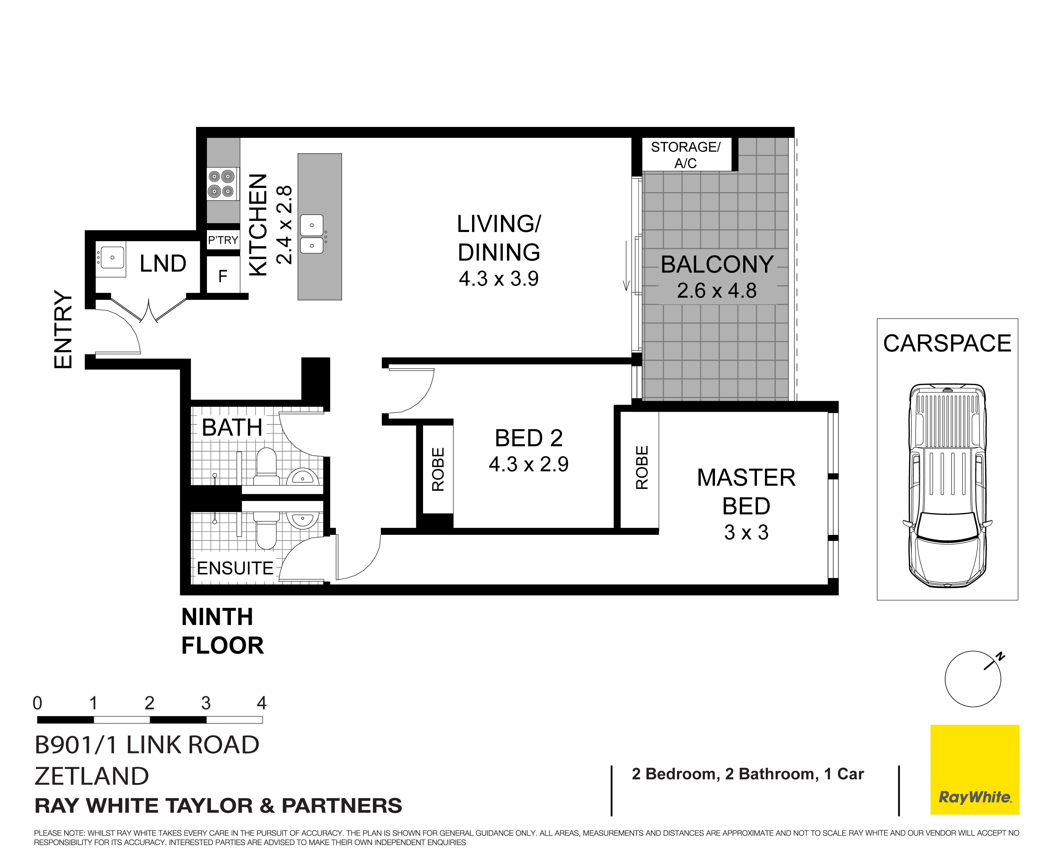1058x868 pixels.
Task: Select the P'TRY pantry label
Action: [223, 240]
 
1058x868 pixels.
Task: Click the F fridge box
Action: [223, 276]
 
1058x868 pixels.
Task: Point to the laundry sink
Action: [111, 258]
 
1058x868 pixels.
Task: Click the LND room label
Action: [163, 263]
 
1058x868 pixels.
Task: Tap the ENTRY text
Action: [63, 330]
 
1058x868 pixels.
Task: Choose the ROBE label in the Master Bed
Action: [642, 467]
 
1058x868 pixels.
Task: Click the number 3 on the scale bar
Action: [206, 703]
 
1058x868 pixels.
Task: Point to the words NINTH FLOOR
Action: [222, 631]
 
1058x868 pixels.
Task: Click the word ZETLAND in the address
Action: [92, 776]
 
